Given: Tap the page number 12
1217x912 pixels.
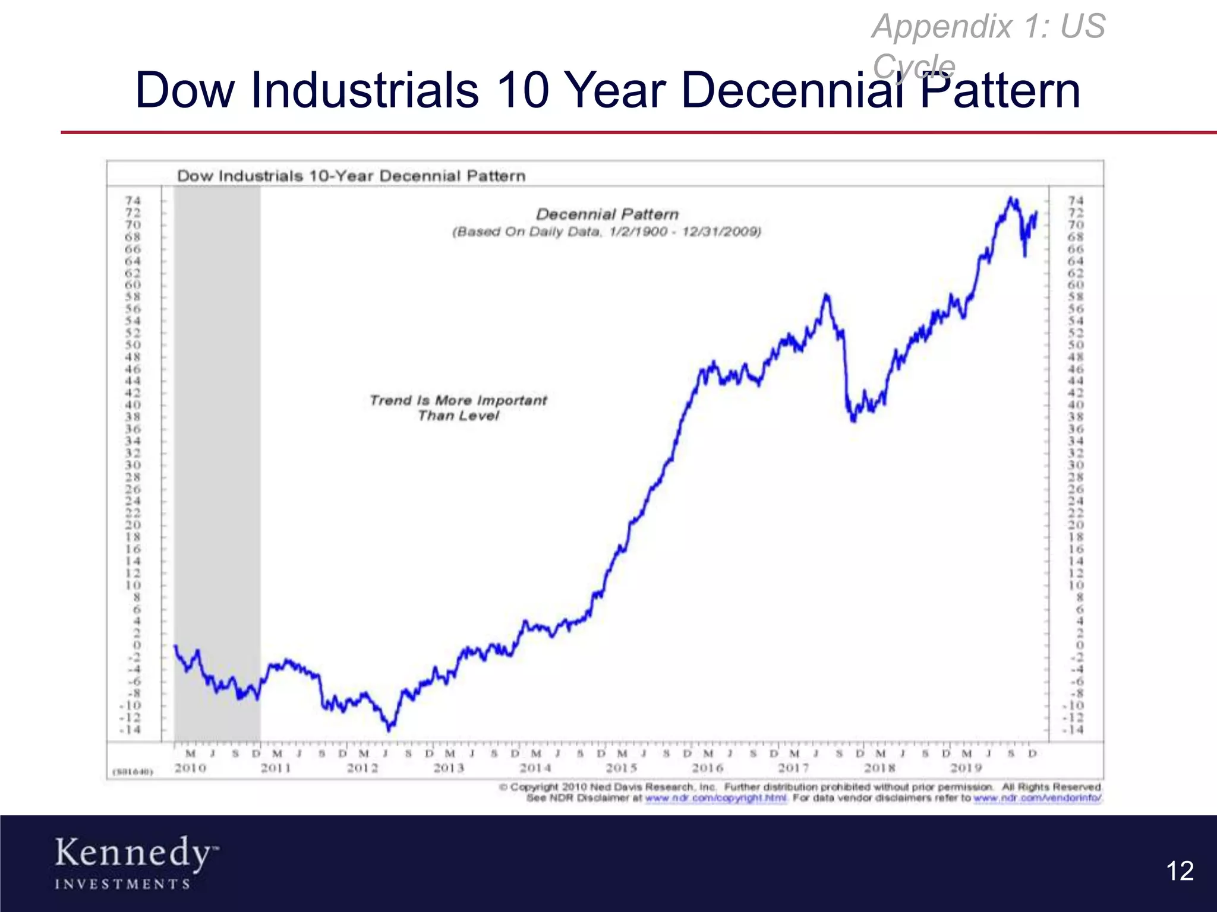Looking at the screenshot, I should pyautogui.click(x=1180, y=871).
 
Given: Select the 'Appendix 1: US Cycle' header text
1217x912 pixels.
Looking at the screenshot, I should pyautogui.click(x=988, y=44).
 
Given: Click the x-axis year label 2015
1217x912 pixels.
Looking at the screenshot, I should pyautogui.click(x=622, y=768).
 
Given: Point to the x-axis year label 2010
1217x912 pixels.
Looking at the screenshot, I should pyautogui.click(x=190, y=768).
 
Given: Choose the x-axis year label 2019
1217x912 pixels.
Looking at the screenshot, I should pyautogui.click(x=966, y=768).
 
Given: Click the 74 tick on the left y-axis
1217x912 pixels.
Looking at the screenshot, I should pyautogui.click(x=133, y=201).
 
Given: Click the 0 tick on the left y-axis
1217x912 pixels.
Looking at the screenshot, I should pyautogui.click(x=137, y=645).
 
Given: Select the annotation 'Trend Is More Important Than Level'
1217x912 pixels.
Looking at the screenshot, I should pyautogui.click(x=458, y=408).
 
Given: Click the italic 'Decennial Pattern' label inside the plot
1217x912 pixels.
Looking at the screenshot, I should pyautogui.click(x=607, y=214).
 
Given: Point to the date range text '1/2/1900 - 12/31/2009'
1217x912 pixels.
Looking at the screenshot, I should pyautogui.click(x=685, y=232).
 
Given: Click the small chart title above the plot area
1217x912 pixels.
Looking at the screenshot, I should pyautogui.click(x=351, y=176).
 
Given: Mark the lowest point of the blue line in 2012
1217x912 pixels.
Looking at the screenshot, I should pyautogui.click(x=390, y=728).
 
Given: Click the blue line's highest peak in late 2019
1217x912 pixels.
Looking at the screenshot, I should pyautogui.click(x=1010, y=198).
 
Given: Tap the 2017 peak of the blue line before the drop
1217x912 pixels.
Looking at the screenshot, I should pyautogui.click(x=826, y=295).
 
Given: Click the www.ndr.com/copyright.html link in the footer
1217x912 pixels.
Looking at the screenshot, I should pyautogui.click(x=715, y=798).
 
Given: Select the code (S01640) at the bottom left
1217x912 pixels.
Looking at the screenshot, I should pyautogui.click(x=133, y=772).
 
